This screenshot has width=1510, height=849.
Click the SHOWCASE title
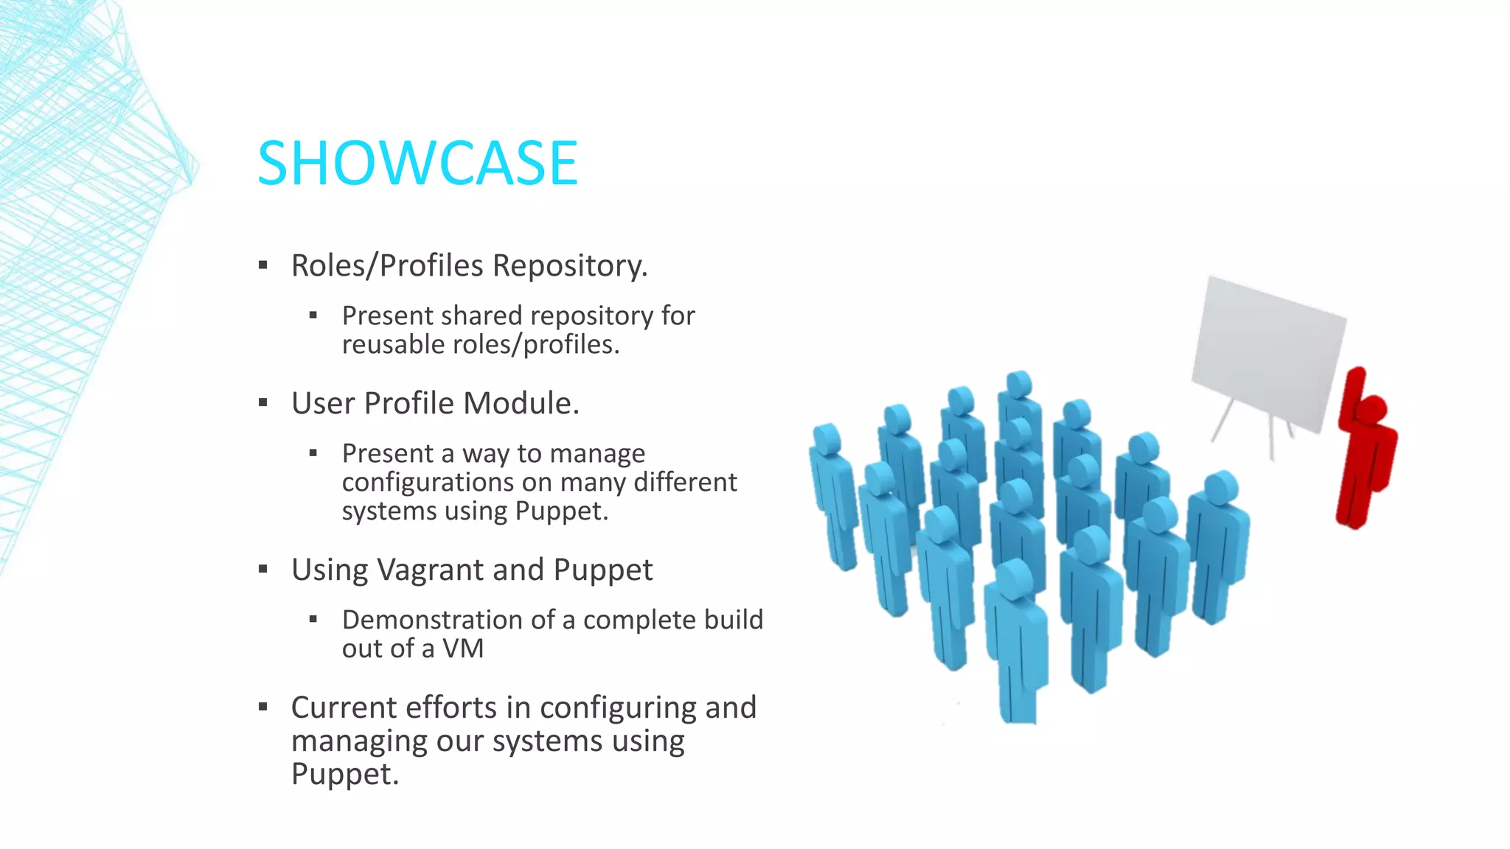pyautogui.click(x=417, y=164)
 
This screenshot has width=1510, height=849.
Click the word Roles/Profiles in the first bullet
pyautogui.click(x=387, y=266)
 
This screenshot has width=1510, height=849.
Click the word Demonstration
pyautogui.click(x=447, y=620)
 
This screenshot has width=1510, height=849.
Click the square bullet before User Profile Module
pyautogui.click(x=263, y=403)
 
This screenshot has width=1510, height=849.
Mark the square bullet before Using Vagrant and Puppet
pyautogui.click(x=263, y=570)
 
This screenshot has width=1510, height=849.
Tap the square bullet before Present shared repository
pyautogui.click(x=313, y=315)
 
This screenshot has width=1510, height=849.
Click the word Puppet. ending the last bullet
pyautogui.click(x=344, y=774)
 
